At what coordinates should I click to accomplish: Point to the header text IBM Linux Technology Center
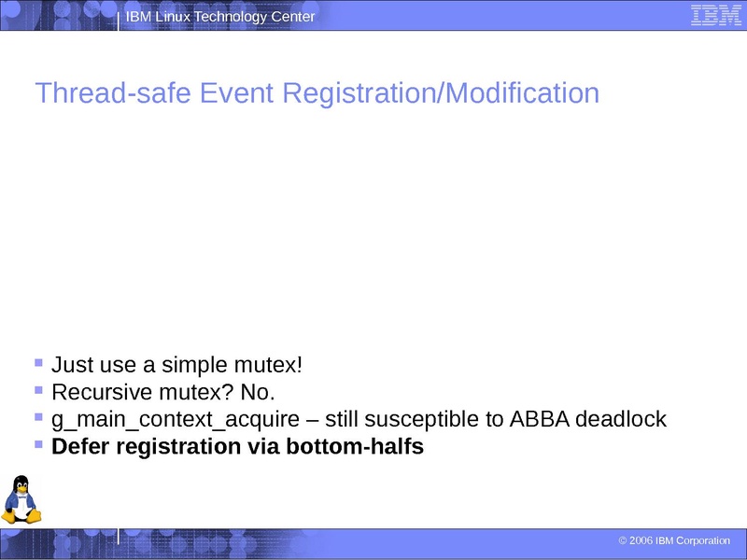(x=220, y=18)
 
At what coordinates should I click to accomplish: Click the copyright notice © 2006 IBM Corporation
(x=674, y=541)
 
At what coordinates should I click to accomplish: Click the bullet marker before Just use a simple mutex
(x=38, y=361)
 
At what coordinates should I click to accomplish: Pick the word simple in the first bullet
(x=194, y=364)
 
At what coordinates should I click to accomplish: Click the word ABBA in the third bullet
(x=540, y=419)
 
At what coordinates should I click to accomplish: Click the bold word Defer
(x=81, y=447)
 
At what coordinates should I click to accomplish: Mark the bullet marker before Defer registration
(x=38, y=444)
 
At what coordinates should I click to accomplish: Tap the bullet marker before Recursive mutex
(x=38, y=388)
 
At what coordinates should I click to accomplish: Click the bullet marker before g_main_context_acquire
(x=38, y=416)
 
